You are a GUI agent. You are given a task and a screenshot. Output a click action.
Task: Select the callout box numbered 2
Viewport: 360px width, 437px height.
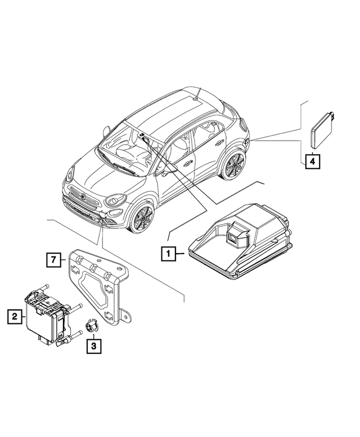coord(14,317)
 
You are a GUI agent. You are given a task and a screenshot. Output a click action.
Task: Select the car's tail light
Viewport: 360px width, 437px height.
coord(246,129)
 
